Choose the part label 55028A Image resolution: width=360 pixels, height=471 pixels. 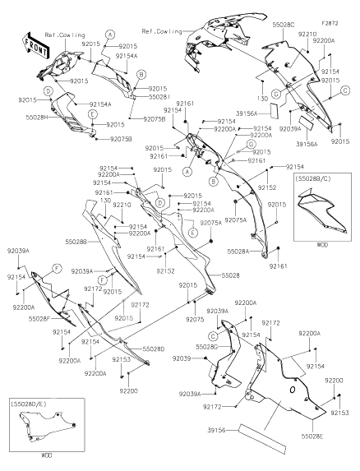238,251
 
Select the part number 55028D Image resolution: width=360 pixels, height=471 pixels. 154,349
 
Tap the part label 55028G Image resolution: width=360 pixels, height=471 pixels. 184,348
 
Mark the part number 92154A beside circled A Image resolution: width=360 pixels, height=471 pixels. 127,55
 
